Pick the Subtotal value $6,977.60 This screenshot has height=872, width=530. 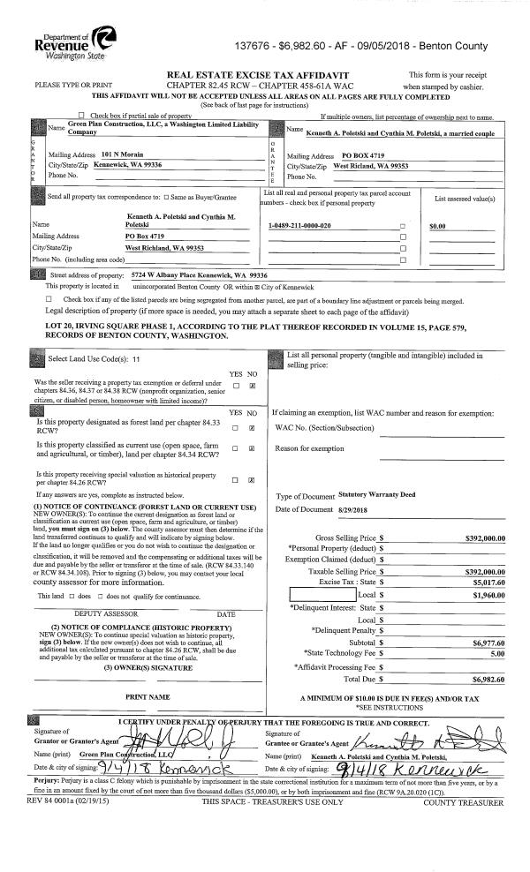(488, 618)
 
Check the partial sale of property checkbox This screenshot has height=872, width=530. (82, 117)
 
